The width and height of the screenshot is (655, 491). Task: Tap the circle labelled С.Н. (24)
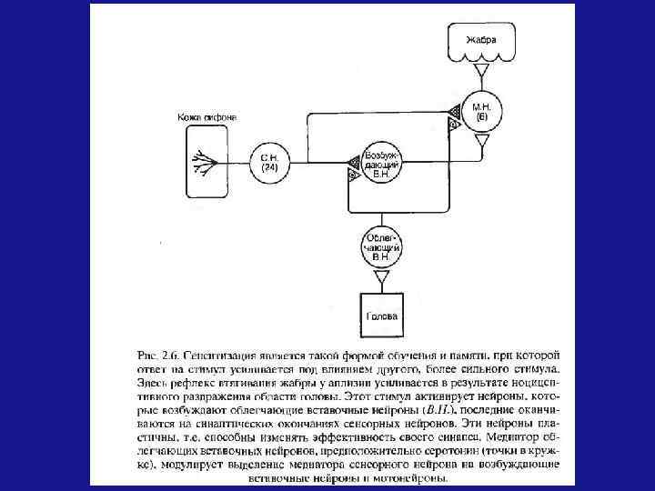[x=268, y=165]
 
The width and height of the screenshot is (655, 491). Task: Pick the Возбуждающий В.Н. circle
[x=381, y=164]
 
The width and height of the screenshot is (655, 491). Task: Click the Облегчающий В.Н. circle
[x=382, y=247]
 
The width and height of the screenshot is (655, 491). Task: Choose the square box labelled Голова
[x=381, y=317]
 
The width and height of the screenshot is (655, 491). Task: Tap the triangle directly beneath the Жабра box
[x=483, y=70]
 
